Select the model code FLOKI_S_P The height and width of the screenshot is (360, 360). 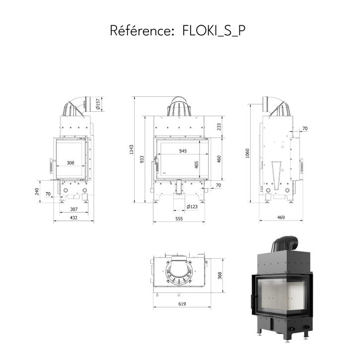(214, 31)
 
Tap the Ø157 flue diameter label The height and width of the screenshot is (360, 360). (98, 104)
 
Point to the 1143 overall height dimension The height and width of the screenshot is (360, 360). (131, 149)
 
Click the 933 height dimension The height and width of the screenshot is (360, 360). (142, 159)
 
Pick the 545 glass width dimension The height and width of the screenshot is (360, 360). (183, 151)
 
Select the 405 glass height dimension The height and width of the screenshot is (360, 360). (197, 165)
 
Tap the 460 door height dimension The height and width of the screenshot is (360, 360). (219, 159)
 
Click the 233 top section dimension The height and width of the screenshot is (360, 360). (219, 127)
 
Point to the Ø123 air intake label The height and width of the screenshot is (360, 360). (192, 207)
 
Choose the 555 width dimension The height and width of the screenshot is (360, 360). (179, 219)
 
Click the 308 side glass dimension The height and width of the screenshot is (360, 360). (71, 163)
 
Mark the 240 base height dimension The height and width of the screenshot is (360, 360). (37, 192)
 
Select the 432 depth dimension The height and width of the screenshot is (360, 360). (73, 217)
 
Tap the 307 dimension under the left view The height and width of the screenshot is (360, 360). (74, 210)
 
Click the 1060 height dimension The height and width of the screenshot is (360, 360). (247, 153)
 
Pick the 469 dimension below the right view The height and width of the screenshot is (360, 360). (281, 217)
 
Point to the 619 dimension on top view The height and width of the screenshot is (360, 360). (182, 304)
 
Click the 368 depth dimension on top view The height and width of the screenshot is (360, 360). (220, 276)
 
